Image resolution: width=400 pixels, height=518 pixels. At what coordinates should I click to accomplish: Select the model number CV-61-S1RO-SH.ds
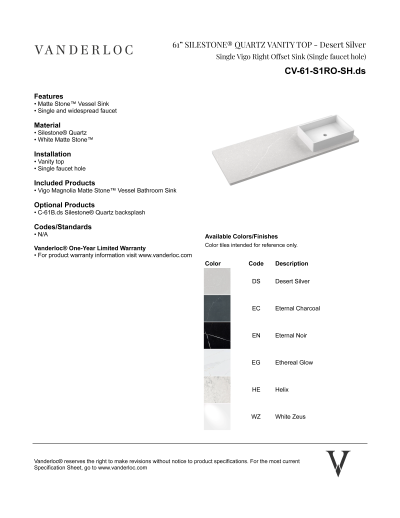click(x=326, y=74)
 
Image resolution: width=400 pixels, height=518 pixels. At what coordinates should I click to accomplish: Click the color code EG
click(x=256, y=362)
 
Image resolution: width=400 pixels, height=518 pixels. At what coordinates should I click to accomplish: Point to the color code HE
click(x=256, y=389)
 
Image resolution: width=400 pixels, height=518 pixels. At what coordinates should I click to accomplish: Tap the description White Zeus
click(x=291, y=415)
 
